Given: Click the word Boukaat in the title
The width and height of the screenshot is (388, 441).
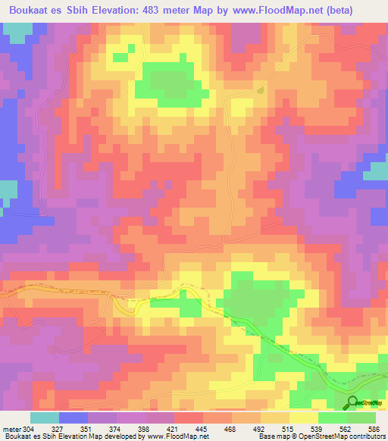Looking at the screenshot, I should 27,10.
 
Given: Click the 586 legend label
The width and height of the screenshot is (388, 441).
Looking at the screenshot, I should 374,430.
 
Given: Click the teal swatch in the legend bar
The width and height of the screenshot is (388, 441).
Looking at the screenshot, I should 45,418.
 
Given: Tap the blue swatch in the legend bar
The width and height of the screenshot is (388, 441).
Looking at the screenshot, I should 74,418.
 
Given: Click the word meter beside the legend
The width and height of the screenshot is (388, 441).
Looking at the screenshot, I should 11,430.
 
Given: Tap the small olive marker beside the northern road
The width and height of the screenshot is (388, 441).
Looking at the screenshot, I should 261,91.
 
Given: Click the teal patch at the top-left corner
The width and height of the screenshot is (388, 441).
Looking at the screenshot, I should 17,32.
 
